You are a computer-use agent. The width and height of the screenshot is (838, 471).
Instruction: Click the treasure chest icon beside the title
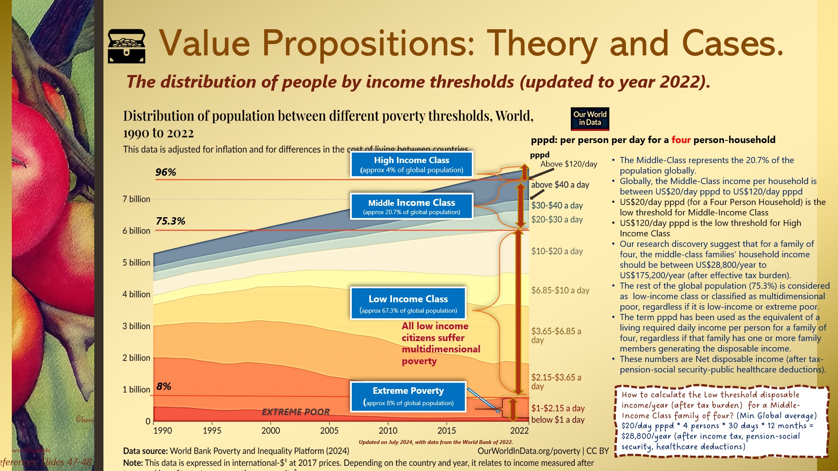point(126,46)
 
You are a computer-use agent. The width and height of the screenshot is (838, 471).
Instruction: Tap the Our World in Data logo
point(590,119)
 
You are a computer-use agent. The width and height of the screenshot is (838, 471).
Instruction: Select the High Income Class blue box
point(412,164)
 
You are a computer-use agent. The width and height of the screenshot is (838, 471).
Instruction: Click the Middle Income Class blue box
point(412,206)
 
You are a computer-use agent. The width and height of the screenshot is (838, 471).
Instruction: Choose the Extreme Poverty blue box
point(408,396)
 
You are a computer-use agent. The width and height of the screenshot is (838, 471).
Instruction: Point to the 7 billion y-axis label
point(136,199)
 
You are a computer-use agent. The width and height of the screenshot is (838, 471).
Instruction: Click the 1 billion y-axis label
point(136,390)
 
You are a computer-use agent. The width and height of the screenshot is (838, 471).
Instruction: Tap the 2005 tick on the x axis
point(329,431)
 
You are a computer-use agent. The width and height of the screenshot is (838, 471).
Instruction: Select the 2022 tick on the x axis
point(519,431)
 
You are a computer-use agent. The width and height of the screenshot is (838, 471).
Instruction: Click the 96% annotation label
point(166,172)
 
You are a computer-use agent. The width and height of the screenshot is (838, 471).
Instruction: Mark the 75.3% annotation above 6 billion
point(171,221)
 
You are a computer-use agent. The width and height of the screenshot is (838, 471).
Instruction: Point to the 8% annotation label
point(164,386)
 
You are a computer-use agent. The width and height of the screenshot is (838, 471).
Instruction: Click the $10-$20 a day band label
point(557,251)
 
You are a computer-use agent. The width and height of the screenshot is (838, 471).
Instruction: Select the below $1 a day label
point(558,420)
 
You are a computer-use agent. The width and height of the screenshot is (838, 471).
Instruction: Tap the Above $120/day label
point(569,164)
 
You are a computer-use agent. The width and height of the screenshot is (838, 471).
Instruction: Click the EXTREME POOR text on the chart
point(295,412)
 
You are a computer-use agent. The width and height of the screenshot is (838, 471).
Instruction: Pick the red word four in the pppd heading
point(681,140)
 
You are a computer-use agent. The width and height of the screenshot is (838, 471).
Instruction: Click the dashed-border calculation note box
point(721,421)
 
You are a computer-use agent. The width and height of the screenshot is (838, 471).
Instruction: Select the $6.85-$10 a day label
point(560,290)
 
